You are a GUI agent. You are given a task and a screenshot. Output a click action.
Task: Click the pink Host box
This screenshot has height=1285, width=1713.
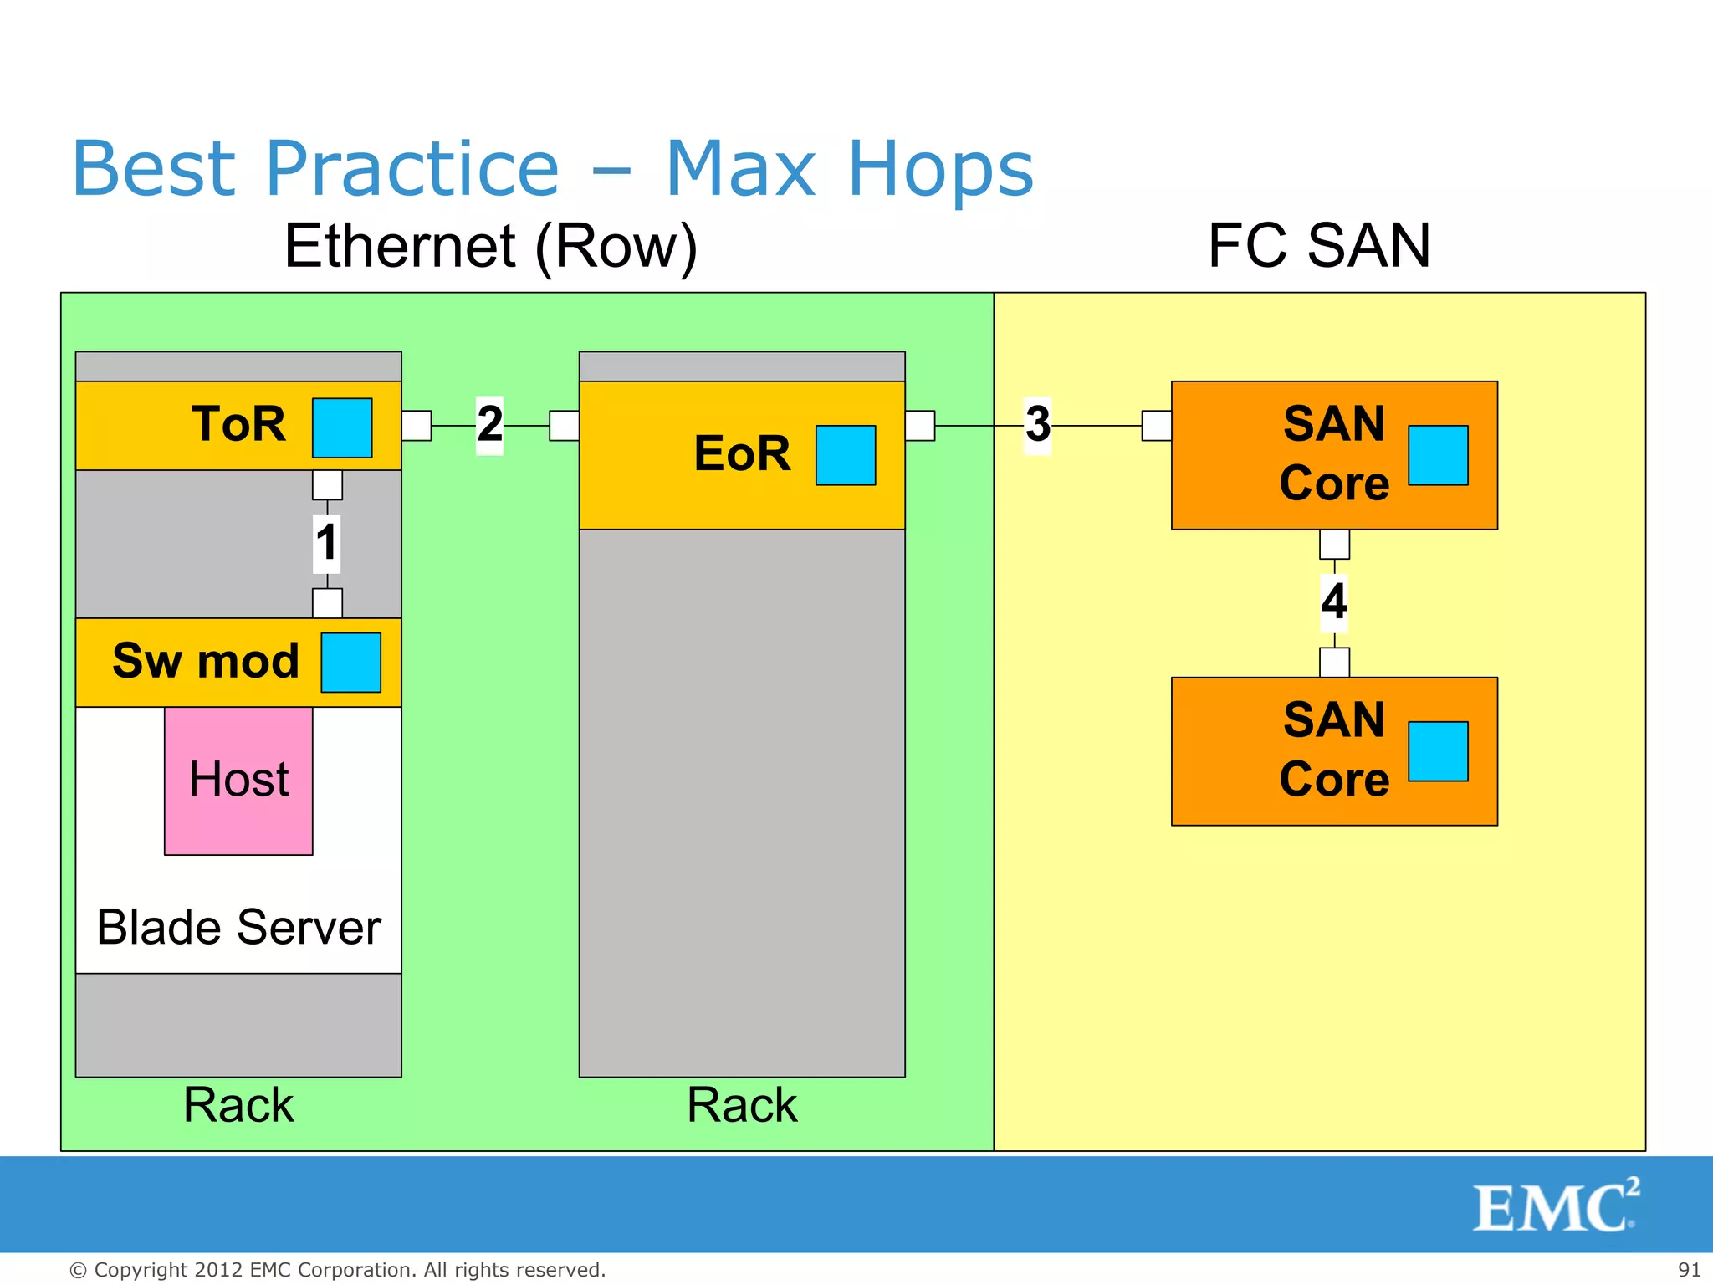click(238, 781)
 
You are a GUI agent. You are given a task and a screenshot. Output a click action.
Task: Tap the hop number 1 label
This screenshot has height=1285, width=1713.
click(326, 542)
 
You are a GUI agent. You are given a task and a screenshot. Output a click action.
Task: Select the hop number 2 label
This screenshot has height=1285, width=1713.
click(489, 424)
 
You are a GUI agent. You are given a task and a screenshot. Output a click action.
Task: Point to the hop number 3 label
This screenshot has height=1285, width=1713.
click(1037, 425)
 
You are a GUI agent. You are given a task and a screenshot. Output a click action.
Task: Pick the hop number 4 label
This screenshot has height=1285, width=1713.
click(1334, 602)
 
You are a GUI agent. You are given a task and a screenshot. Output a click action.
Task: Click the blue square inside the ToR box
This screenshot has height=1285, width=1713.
click(342, 427)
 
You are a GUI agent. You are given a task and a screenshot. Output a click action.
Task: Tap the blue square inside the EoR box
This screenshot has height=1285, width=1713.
click(846, 455)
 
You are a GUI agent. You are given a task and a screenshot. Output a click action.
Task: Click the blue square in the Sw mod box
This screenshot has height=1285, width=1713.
click(351, 663)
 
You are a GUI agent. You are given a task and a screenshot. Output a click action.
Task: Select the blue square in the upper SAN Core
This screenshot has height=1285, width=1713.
click(1438, 455)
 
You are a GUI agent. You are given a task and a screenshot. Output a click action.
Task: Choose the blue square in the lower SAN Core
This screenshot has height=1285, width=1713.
click(1438, 751)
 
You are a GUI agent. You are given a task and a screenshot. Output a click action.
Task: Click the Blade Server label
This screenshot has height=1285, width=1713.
click(238, 927)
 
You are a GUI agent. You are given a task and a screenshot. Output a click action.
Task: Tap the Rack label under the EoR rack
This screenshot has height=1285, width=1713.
click(742, 1104)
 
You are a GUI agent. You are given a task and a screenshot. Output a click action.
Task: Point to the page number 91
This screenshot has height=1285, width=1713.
click(1689, 1269)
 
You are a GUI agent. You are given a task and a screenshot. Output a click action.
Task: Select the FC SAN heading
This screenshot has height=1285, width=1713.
click(1319, 246)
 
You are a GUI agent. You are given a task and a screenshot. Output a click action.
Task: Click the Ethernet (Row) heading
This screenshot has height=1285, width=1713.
click(491, 246)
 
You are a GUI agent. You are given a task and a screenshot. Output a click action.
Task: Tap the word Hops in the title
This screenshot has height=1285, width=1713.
click(941, 169)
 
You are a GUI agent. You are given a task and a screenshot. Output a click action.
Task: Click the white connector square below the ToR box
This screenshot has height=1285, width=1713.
click(327, 485)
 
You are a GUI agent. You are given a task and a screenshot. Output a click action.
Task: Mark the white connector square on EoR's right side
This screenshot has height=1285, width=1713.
click(920, 425)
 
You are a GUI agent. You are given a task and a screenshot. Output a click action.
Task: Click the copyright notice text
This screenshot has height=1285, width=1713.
click(337, 1270)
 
